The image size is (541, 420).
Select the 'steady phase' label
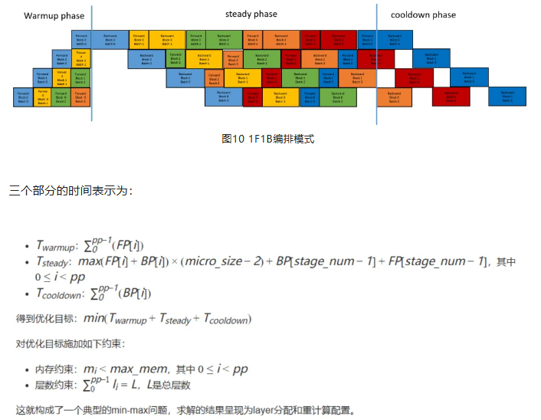tap(251, 14)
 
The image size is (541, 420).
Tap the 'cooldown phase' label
tap(423, 15)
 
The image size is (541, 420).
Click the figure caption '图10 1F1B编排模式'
tap(267, 139)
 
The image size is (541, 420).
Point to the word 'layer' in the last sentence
tap(260, 411)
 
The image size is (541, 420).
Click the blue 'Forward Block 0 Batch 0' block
tap(23, 97)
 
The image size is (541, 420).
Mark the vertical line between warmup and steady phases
tap(92, 61)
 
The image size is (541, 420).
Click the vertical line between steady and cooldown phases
tap(377, 61)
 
